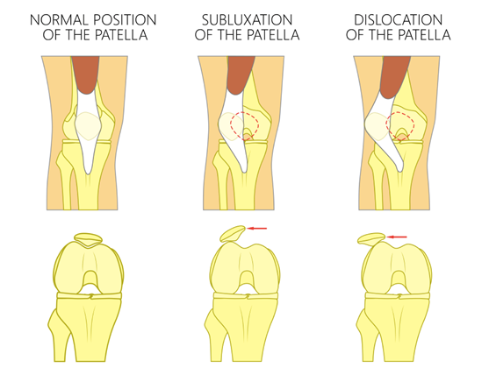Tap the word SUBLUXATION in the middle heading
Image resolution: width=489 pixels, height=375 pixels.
click(247, 20)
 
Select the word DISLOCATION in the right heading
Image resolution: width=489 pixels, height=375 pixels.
click(398, 20)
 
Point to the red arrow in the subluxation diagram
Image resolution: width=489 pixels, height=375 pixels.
click(256, 229)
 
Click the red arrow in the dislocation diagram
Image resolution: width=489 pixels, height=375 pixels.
click(397, 237)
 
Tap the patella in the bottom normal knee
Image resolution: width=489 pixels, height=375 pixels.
click(89, 238)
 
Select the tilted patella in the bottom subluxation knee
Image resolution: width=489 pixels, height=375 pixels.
click(233, 234)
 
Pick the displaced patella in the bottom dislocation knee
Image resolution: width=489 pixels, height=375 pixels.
click(371, 238)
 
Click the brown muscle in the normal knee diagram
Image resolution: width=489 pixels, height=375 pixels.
click(85, 74)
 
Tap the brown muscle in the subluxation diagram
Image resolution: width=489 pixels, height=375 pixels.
click(241, 74)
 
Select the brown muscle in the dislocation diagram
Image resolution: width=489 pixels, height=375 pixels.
click(396, 76)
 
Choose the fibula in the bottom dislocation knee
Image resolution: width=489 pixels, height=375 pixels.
click(369, 333)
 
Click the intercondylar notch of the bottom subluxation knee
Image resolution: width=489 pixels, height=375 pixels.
click(247, 279)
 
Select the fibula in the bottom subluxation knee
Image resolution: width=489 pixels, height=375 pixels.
click(217, 333)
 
